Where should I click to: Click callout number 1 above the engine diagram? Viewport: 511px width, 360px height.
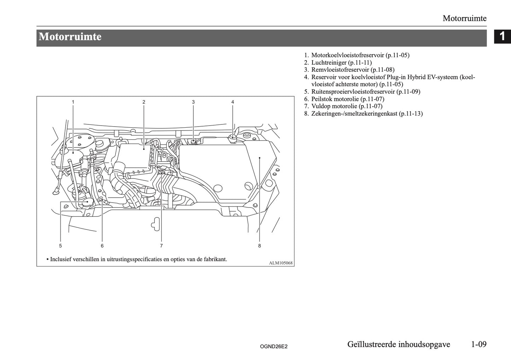73,102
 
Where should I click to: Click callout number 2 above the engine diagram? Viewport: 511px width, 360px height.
144,102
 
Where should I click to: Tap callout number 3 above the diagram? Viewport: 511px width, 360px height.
193,102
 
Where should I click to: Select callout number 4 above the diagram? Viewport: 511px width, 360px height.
233,102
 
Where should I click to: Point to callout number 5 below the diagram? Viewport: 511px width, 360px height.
60,245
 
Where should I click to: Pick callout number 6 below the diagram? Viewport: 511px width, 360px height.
102,245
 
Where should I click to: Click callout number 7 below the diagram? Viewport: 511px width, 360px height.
161,245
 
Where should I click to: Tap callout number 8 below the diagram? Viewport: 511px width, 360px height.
260,245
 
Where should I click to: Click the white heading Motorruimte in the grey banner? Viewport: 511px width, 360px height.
70,37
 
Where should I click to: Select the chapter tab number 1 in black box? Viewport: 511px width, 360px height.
502,36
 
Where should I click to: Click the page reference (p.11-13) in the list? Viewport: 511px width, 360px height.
411,114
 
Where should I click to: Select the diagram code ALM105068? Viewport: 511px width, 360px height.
281,263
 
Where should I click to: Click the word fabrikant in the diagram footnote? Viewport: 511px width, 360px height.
215,259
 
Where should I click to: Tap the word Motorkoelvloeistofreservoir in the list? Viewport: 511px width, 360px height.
348,55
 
